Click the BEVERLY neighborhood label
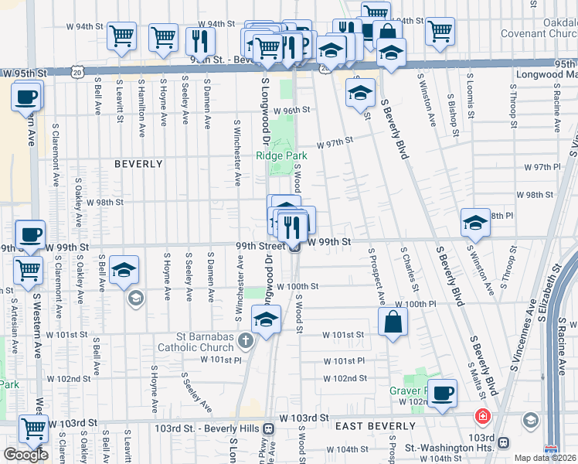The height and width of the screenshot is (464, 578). pyautogui.click(x=139, y=164)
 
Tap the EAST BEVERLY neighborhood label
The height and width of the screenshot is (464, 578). pyautogui.click(x=365, y=426)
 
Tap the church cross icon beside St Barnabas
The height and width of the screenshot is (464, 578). pyautogui.click(x=246, y=339)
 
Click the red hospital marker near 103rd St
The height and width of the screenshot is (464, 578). pyautogui.click(x=483, y=416)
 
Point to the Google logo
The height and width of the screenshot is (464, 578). pyautogui.click(x=25, y=455)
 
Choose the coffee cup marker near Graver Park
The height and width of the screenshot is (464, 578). pyautogui.click(x=443, y=394)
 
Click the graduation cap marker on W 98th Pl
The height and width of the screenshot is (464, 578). pyautogui.click(x=475, y=223)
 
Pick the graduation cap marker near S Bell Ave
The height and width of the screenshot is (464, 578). pyautogui.click(x=124, y=270)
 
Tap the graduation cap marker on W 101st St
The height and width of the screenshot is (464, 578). pyautogui.click(x=266, y=319)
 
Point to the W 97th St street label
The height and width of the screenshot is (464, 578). pyautogui.click(x=336, y=141)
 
